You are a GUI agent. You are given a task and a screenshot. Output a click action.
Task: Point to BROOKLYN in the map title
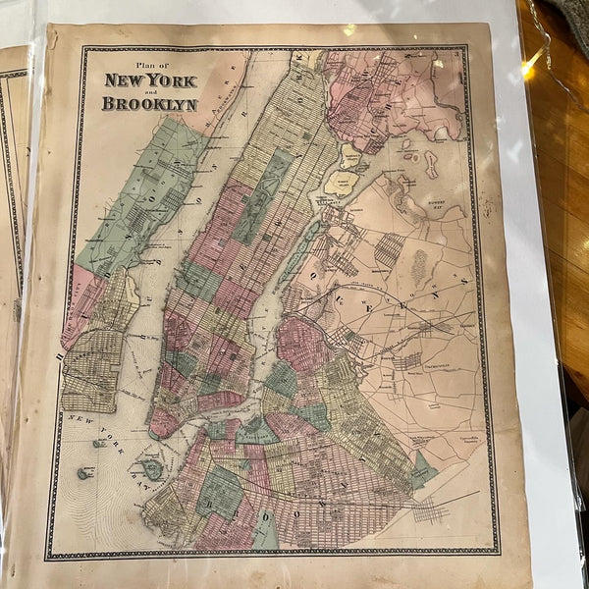[x=151, y=102]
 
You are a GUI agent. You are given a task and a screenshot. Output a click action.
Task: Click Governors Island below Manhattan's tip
[x=151, y=469]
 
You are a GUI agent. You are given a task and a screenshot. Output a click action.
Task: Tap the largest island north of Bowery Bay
[x=430, y=163]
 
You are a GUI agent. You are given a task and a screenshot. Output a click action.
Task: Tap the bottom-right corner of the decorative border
[x=495, y=553]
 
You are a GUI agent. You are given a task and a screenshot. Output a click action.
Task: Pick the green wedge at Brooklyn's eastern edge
[x=423, y=468]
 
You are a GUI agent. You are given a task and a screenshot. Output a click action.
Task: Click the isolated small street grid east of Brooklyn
[x=432, y=511]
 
